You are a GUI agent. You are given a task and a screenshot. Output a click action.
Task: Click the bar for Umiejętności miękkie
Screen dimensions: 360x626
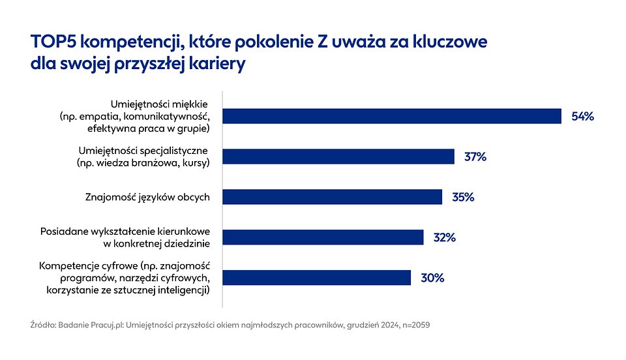(392, 116)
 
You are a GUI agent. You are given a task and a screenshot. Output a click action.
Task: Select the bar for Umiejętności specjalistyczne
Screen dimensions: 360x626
(338, 157)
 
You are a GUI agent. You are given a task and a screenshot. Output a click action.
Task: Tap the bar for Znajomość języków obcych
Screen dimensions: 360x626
(333, 197)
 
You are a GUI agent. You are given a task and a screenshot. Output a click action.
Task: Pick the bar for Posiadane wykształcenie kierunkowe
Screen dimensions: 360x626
(323, 237)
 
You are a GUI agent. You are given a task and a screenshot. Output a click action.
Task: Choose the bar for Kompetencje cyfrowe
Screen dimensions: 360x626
(317, 278)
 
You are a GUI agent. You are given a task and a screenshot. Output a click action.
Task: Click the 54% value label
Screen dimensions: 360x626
(582, 117)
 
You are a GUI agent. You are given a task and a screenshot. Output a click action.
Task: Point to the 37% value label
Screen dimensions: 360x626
(475, 157)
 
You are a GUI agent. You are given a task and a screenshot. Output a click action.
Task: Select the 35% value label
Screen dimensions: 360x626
(463, 197)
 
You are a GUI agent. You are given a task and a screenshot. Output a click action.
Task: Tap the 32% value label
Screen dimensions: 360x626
(444, 237)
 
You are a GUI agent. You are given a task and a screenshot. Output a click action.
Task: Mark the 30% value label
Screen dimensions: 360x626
(432, 278)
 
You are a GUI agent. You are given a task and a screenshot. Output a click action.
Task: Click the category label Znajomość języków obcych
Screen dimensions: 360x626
(147, 197)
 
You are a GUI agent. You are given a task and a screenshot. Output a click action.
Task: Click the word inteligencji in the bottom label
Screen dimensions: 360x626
(183, 290)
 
